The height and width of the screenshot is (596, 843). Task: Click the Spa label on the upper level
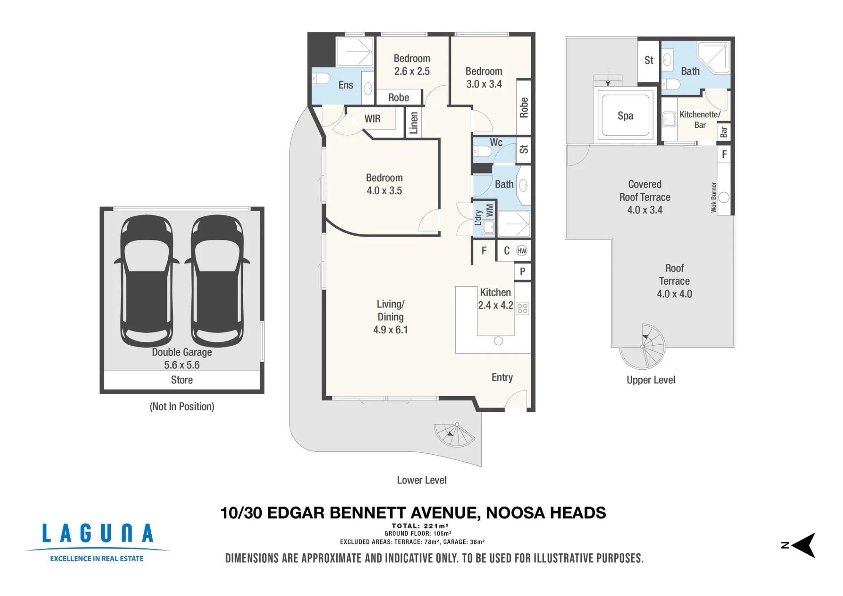(x=626, y=116)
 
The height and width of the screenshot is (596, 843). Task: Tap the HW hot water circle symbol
(x=522, y=251)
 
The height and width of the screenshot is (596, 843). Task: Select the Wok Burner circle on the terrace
(x=724, y=197)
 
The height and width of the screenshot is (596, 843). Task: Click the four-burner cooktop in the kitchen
(x=522, y=308)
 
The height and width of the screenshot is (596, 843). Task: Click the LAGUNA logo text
(x=97, y=533)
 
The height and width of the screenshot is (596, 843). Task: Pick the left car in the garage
(x=147, y=280)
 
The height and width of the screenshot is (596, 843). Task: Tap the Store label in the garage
(x=182, y=380)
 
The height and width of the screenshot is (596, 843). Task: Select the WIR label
(x=373, y=119)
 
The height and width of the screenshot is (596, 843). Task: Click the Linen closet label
(x=413, y=123)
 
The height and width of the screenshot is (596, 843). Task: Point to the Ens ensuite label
(x=346, y=85)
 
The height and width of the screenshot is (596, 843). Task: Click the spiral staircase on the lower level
(x=454, y=434)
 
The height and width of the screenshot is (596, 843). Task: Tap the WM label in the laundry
(x=489, y=210)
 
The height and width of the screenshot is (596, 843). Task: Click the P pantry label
(x=523, y=271)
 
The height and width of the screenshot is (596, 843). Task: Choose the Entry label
(x=502, y=377)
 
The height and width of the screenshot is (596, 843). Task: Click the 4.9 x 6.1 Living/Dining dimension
(x=390, y=330)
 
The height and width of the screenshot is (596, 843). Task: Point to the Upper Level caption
(x=651, y=380)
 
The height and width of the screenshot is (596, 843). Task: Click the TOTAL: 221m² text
(x=420, y=526)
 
